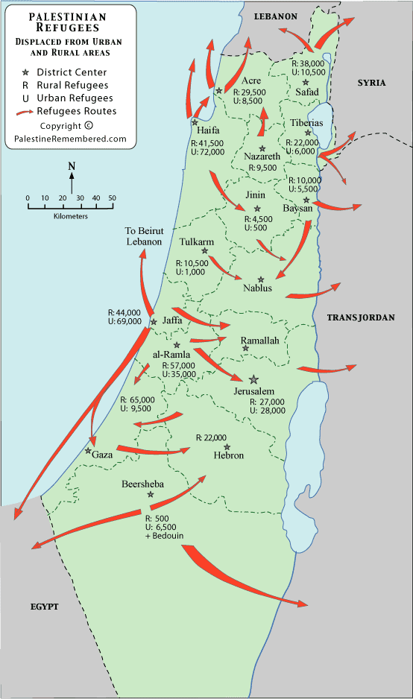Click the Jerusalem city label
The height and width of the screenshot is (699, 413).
[x=253, y=392]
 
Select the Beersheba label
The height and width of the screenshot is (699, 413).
[x=142, y=484]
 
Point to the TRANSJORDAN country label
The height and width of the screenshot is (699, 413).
[x=359, y=317]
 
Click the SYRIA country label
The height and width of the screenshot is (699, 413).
[x=371, y=83]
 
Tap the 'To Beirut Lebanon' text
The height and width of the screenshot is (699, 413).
[x=143, y=237]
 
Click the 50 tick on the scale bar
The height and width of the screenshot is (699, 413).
[x=112, y=197]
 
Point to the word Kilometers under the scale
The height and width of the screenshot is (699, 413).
[x=71, y=216]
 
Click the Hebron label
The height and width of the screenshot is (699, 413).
[x=228, y=455]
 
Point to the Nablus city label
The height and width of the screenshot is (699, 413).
[x=257, y=288]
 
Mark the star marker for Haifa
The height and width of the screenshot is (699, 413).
[x=195, y=122]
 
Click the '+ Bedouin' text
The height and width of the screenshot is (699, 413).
[x=165, y=536]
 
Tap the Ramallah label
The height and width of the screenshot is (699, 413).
[x=259, y=341]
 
